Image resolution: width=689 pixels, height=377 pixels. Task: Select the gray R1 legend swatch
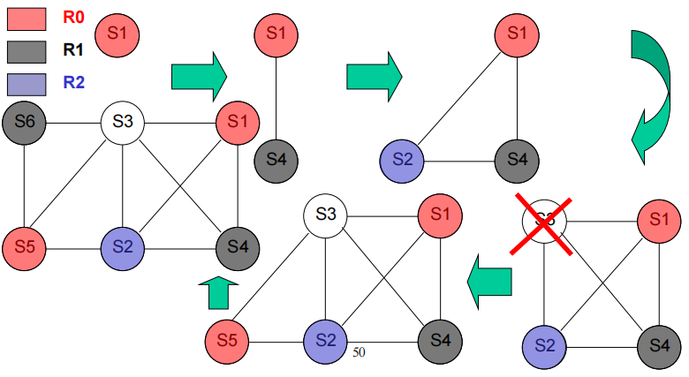[x=28, y=50]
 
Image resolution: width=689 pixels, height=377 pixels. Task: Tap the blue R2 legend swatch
[x=28, y=85]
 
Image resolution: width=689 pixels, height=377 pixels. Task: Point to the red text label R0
[x=74, y=16]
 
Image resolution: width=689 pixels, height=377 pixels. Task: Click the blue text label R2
[x=74, y=85]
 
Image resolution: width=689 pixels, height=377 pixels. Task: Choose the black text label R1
[x=74, y=50]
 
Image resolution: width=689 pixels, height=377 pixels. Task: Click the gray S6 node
[x=24, y=122]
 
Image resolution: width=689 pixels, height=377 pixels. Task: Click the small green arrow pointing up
[x=219, y=292]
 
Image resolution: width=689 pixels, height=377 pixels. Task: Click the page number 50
[x=359, y=351]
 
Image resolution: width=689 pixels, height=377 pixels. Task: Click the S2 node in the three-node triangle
[x=403, y=161]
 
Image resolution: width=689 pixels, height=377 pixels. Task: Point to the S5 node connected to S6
[x=24, y=245]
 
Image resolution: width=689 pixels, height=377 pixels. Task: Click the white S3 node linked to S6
[x=123, y=122]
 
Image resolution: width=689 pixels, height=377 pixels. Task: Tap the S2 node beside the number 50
[x=327, y=340]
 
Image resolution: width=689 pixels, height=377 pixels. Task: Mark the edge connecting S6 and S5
[x=24, y=184]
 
